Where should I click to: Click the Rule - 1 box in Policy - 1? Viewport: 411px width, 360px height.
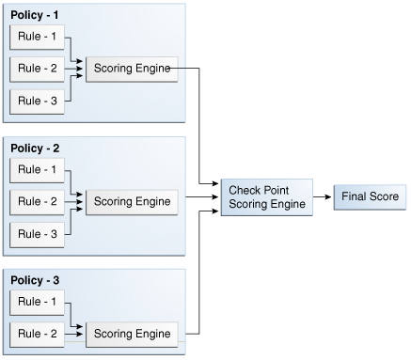pyautogui.click(x=37, y=38)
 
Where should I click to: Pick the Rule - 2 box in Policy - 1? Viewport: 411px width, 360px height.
pyautogui.click(x=37, y=69)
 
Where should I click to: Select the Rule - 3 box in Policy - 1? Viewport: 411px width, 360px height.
pyautogui.click(x=37, y=101)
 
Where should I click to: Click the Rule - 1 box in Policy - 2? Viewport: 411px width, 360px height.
pyautogui.click(x=37, y=170)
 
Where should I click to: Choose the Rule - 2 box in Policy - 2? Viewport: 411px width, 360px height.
pyautogui.click(x=37, y=201)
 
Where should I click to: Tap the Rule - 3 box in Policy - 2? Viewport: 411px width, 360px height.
pyautogui.click(x=37, y=233)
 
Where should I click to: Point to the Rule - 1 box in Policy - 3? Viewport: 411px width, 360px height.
pyautogui.click(x=37, y=303)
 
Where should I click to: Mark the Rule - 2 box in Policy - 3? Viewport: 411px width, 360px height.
pyautogui.click(x=37, y=334)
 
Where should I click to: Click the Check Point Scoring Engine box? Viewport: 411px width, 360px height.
pyautogui.click(x=266, y=197)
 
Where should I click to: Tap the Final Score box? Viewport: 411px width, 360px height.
pyautogui.click(x=369, y=197)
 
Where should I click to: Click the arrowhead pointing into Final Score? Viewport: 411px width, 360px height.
pyautogui.click(x=328, y=197)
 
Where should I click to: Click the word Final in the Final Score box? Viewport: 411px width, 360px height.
pyautogui.click(x=354, y=197)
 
